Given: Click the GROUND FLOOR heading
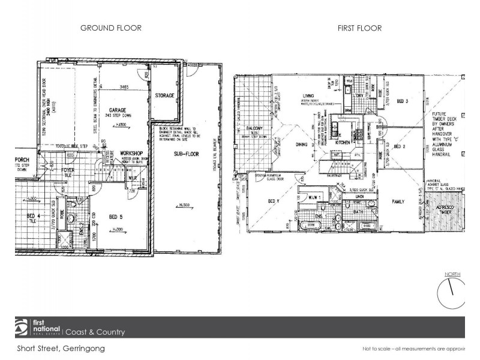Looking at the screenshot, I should (x=110, y=28).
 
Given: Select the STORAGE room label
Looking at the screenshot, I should (x=164, y=95).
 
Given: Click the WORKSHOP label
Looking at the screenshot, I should (x=130, y=154).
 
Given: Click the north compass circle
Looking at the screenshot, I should (x=452, y=294).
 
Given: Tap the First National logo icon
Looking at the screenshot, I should (x=21, y=328).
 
